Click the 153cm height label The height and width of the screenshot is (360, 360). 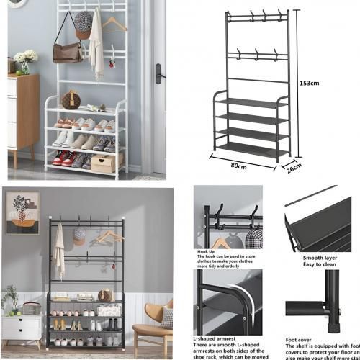tap(309, 84)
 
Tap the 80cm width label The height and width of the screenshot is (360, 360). tap(238, 166)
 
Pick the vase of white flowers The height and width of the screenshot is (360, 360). tap(25, 60)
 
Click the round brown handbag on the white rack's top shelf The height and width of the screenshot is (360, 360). tap(71, 99)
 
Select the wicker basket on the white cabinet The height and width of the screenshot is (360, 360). tap(31, 309)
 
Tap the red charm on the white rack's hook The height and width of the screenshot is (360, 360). tap(112, 64)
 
